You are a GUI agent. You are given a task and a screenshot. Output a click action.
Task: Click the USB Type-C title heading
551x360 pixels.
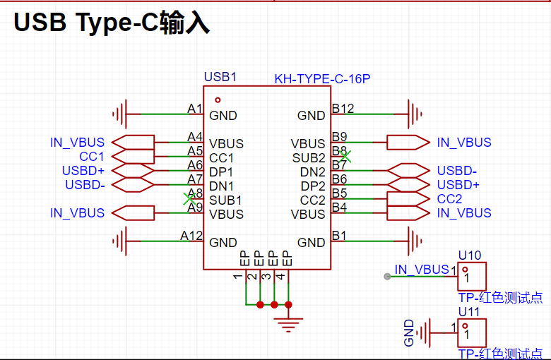[x=112, y=23]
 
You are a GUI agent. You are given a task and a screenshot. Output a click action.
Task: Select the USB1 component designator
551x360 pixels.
[x=220, y=77]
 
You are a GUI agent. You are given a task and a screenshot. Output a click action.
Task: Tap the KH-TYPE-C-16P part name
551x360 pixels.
[x=322, y=79]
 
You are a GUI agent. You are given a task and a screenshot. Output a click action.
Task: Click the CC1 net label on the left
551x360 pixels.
[x=92, y=156]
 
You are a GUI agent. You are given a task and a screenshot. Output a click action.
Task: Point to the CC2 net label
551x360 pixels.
[x=449, y=199]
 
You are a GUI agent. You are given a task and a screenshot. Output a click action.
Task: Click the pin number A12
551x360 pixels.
[x=191, y=235]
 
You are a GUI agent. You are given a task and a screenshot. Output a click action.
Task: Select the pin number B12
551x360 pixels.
[x=343, y=109]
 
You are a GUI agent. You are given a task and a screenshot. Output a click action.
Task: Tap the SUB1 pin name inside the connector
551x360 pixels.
[x=225, y=200]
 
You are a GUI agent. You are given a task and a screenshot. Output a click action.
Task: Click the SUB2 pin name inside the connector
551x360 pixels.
[x=309, y=158]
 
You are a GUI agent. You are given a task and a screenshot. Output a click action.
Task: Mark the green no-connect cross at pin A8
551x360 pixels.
[x=189, y=199]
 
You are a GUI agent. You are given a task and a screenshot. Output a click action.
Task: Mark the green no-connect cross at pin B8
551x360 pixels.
[x=345, y=156]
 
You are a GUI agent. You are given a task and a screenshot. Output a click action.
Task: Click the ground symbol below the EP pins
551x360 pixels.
[x=288, y=325]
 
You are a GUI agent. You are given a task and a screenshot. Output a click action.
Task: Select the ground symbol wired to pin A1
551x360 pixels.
[x=120, y=114]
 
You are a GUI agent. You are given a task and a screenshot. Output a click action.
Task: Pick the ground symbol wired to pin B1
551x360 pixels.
[x=415, y=241]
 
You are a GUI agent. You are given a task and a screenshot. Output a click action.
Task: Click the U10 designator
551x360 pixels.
[x=470, y=256]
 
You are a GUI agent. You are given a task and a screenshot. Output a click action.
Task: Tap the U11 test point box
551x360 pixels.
[x=472, y=333]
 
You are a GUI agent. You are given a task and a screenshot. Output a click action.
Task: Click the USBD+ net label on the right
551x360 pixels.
[x=458, y=185]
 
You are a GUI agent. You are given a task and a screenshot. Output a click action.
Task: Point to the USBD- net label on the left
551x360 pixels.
[x=85, y=185]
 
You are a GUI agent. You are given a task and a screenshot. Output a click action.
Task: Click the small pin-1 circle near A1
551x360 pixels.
[x=218, y=100]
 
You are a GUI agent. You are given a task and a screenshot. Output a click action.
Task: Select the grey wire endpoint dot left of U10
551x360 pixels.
[x=387, y=277]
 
